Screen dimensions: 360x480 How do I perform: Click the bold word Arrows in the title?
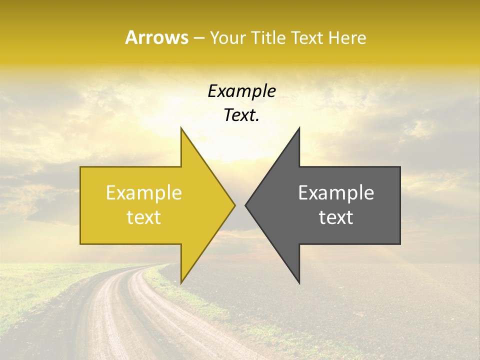click(x=156, y=37)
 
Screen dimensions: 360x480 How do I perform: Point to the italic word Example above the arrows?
click(x=241, y=91)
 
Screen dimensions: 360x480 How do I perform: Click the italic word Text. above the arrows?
click(x=241, y=115)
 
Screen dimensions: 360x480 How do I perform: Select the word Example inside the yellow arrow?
click(x=144, y=193)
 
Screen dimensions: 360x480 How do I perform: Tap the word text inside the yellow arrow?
click(x=144, y=217)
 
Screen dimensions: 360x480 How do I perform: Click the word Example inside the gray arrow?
click(x=336, y=193)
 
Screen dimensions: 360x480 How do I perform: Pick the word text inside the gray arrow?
click(x=336, y=217)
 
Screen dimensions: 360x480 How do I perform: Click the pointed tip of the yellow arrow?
click(x=234, y=205)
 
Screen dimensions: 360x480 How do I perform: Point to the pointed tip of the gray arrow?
click(x=246, y=205)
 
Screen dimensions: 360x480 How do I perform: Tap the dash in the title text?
click(x=198, y=38)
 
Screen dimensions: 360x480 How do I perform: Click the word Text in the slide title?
click(x=307, y=38)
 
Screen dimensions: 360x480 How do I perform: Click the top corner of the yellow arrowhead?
click(x=181, y=128)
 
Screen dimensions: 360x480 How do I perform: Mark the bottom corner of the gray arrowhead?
click(x=299, y=283)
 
